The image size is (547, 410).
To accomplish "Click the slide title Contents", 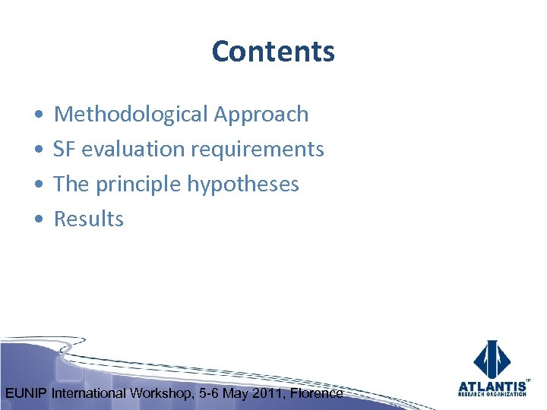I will [x=273, y=52].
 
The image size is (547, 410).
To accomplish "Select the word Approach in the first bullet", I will [x=261, y=114].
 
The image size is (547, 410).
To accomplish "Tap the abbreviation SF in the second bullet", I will [x=65, y=149].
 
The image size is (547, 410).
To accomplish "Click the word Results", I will [x=88, y=219].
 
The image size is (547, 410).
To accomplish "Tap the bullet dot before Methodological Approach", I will [x=38, y=115].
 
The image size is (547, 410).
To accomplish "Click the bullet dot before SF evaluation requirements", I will [x=38, y=150].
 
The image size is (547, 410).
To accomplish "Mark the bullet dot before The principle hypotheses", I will [x=38, y=184].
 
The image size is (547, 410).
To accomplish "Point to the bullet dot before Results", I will [x=38, y=219].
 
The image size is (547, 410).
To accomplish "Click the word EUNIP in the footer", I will [x=27, y=393].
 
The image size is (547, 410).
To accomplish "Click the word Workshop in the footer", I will [x=162, y=393].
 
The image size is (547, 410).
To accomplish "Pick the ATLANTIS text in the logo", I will [x=492, y=385].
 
